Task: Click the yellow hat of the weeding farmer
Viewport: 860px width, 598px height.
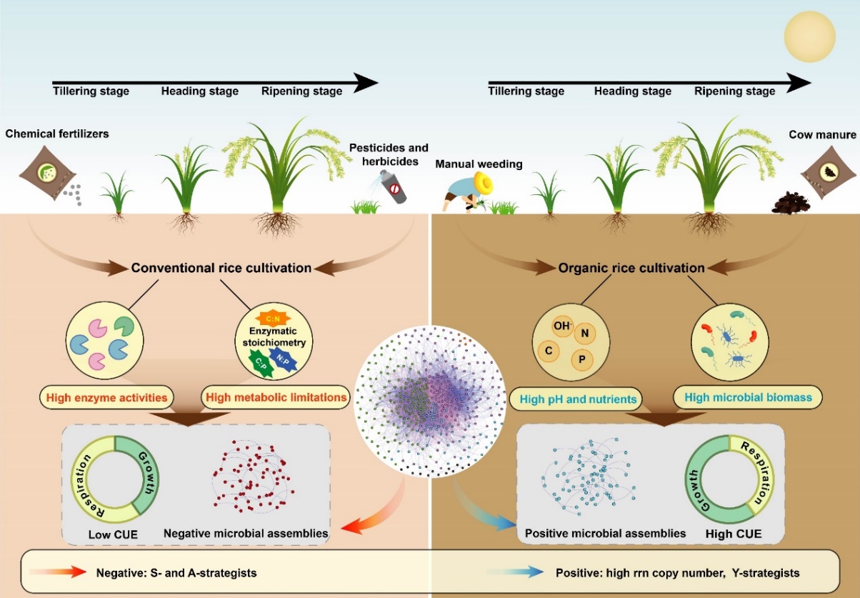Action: pos(485,185)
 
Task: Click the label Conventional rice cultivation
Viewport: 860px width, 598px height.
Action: pos(221,268)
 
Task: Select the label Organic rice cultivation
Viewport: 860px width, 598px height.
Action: pos(631,268)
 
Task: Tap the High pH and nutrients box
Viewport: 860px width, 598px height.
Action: pos(574,397)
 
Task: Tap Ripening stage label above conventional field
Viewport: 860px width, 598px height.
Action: pos(301,91)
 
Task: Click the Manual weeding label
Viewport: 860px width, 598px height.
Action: pos(479,164)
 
